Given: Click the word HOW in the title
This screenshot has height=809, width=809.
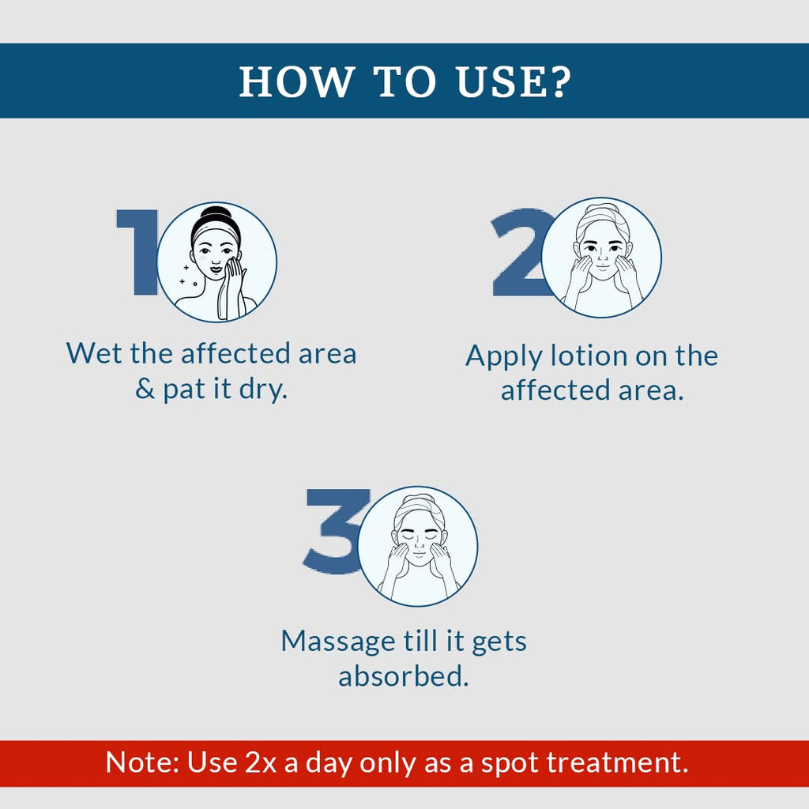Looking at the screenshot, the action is (295, 81).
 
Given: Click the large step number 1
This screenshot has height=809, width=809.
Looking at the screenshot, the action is (137, 252).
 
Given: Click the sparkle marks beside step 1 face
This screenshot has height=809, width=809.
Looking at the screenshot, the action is (186, 277).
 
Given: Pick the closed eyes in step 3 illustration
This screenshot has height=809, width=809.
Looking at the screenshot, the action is (420, 536).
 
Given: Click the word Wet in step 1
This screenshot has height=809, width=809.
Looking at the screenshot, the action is (95, 354).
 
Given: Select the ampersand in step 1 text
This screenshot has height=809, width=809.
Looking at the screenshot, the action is (145, 389).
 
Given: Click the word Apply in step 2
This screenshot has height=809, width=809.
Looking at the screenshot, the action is (503, 357).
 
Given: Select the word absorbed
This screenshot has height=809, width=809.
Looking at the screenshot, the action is (404, 676).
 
